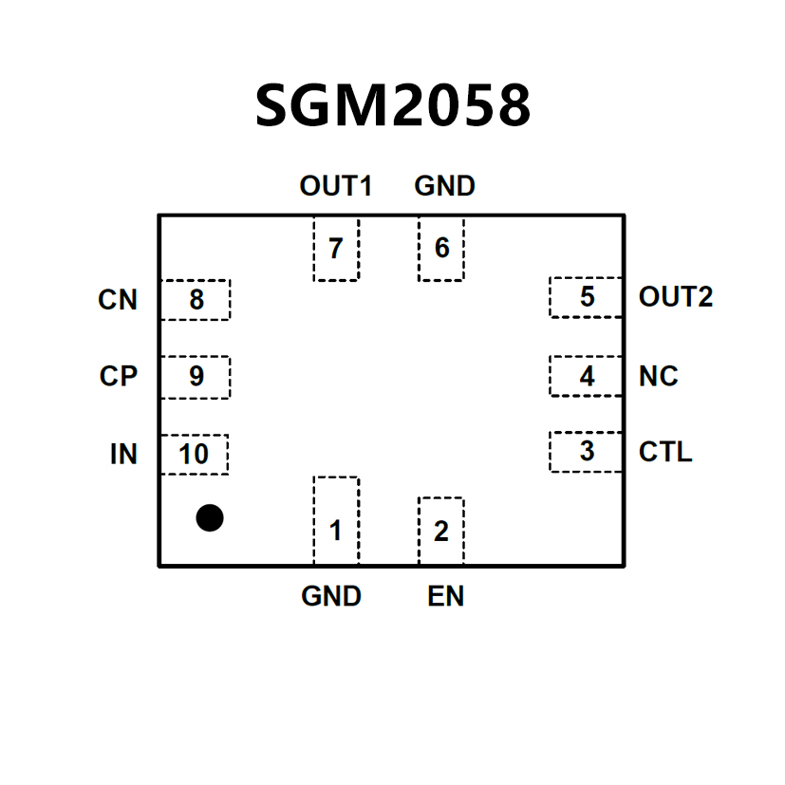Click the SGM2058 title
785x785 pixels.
click(x=392, y=104)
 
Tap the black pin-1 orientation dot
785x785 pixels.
click(x=210, y=517)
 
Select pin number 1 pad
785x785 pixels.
click(x=336, y=521)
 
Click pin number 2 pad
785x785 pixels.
click(x=440, y=531)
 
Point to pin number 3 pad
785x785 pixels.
click(x=587, y=452)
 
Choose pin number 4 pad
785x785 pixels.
click(x=587, y=376)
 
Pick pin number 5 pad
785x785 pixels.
click(x=587, y=297)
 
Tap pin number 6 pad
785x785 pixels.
click(x=441, y=249)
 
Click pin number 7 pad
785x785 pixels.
click(x=336, y=249)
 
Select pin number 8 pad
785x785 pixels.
click(x=196, y=300)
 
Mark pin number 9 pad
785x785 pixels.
click(x=196, y=377)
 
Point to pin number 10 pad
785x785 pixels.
click(x=195, y=455)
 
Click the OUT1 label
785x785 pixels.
click(x=335, y=186)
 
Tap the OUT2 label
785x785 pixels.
click(x=676, y=297)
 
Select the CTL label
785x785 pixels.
click(x=665, y=452)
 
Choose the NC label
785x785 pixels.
click(x=659, y=376)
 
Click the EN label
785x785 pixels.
click(x=445, y=596)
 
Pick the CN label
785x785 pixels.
click(x=118, y=300)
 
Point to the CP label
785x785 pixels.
click(x=119, y=377)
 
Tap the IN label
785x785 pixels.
click(x=123, y=455)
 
